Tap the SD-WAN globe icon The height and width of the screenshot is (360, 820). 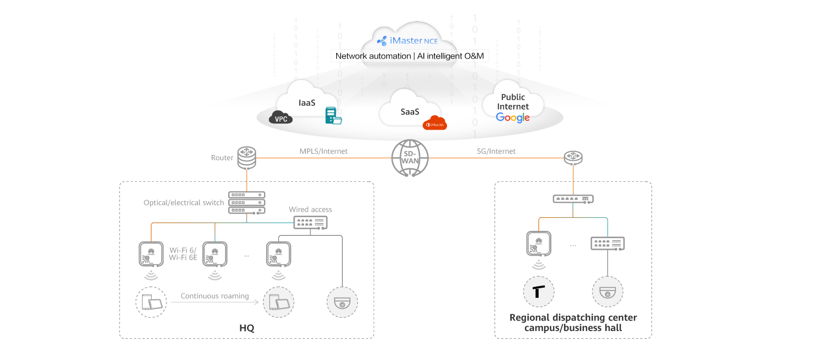[x=410, y=158]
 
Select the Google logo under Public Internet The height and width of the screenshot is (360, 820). [x=513, y=118]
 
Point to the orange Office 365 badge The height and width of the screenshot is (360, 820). [x=435, y=123]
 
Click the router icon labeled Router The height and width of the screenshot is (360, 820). [x=246, y=157]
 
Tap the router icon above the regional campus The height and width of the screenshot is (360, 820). [x=573, y=157]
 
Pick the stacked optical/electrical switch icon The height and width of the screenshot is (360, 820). [x=246, y=202]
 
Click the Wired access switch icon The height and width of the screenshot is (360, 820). [x=310, y=223]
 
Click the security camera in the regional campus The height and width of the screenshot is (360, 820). [x=608, y=291]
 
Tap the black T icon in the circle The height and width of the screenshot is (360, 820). [x=539, y=291]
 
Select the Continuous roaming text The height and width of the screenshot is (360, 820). [x=214, y=296]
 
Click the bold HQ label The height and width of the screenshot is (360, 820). [x=247, y=328]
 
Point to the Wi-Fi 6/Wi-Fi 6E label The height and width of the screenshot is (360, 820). [x=182, y=254]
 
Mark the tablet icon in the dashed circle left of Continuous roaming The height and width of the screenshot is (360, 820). [x=152, y=303]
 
